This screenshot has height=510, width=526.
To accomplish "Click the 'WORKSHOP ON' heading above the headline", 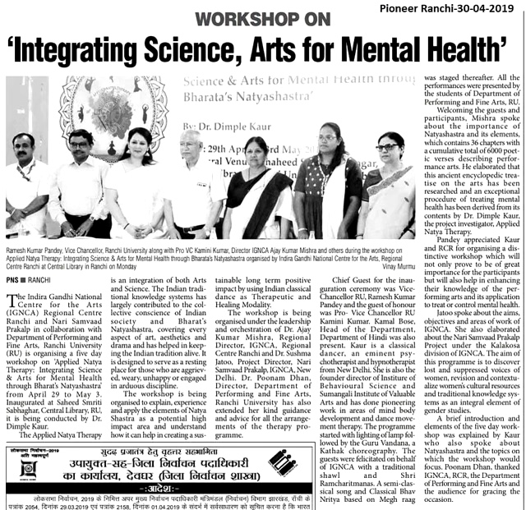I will pos(263,18).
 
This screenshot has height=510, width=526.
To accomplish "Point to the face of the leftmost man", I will pos(23,149).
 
